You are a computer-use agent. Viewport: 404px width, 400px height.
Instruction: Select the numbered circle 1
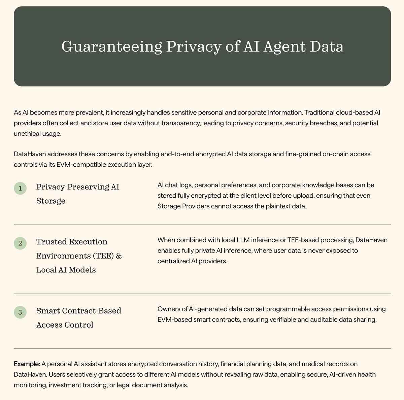coord(20,189)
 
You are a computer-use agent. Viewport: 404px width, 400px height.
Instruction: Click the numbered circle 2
coord(20,243)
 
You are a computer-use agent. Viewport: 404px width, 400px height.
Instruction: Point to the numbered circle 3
coord(20,312)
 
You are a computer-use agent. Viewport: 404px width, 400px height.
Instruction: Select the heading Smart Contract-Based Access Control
coord(78,318)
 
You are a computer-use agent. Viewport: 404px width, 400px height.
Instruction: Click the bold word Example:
coord(27,364)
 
